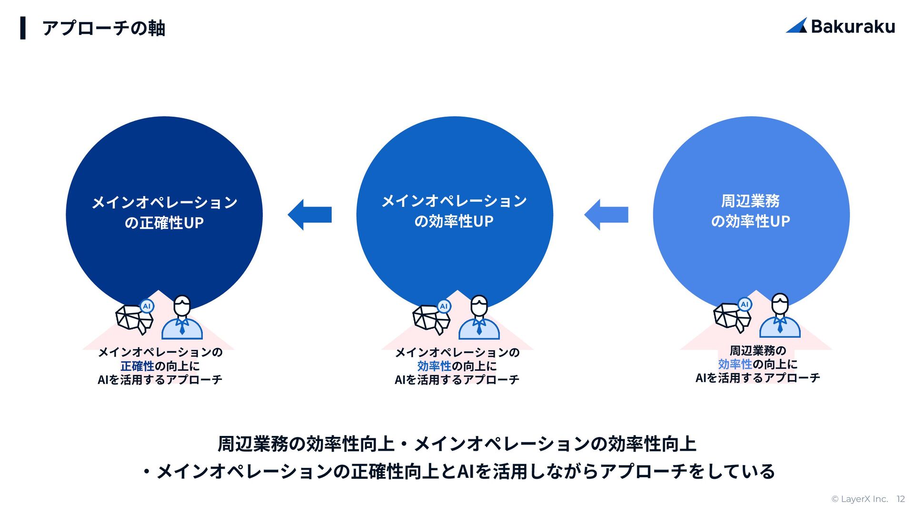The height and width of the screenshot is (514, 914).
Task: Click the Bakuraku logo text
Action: (x=853, y=27)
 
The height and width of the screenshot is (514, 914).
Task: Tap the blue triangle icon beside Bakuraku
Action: (x=796, y=26)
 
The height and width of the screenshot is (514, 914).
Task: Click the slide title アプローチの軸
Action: (x=104, y=28)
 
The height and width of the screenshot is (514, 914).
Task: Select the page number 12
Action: (x=900, y=499)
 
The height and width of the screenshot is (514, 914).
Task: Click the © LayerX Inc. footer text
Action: (x=859, y=499)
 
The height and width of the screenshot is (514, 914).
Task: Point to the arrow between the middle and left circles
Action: (x=310, y=215)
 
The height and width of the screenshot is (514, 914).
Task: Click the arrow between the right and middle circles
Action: (x=606, y=215)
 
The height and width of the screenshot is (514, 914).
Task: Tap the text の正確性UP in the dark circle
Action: (x=164, y=223)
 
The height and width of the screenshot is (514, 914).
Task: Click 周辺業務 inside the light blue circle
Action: (x=750, y=201)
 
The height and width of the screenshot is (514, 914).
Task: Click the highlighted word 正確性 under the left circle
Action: (x=137, y=366)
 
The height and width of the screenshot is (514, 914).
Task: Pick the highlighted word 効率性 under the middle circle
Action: (x=434, y=366)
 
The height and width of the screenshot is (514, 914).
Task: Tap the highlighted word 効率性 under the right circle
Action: (x=735, y=364)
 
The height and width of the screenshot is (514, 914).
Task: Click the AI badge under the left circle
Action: (x=147, y=306)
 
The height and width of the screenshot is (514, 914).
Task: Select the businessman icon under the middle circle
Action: (x=479, y=317)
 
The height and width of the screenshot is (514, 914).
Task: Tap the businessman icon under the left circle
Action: (x=182, y=317)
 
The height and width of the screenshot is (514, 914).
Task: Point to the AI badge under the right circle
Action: (x=745, y=304)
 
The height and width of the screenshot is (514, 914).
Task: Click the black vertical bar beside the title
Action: (x=23, y=28)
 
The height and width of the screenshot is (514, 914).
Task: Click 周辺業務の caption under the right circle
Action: (x=757, y=351)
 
